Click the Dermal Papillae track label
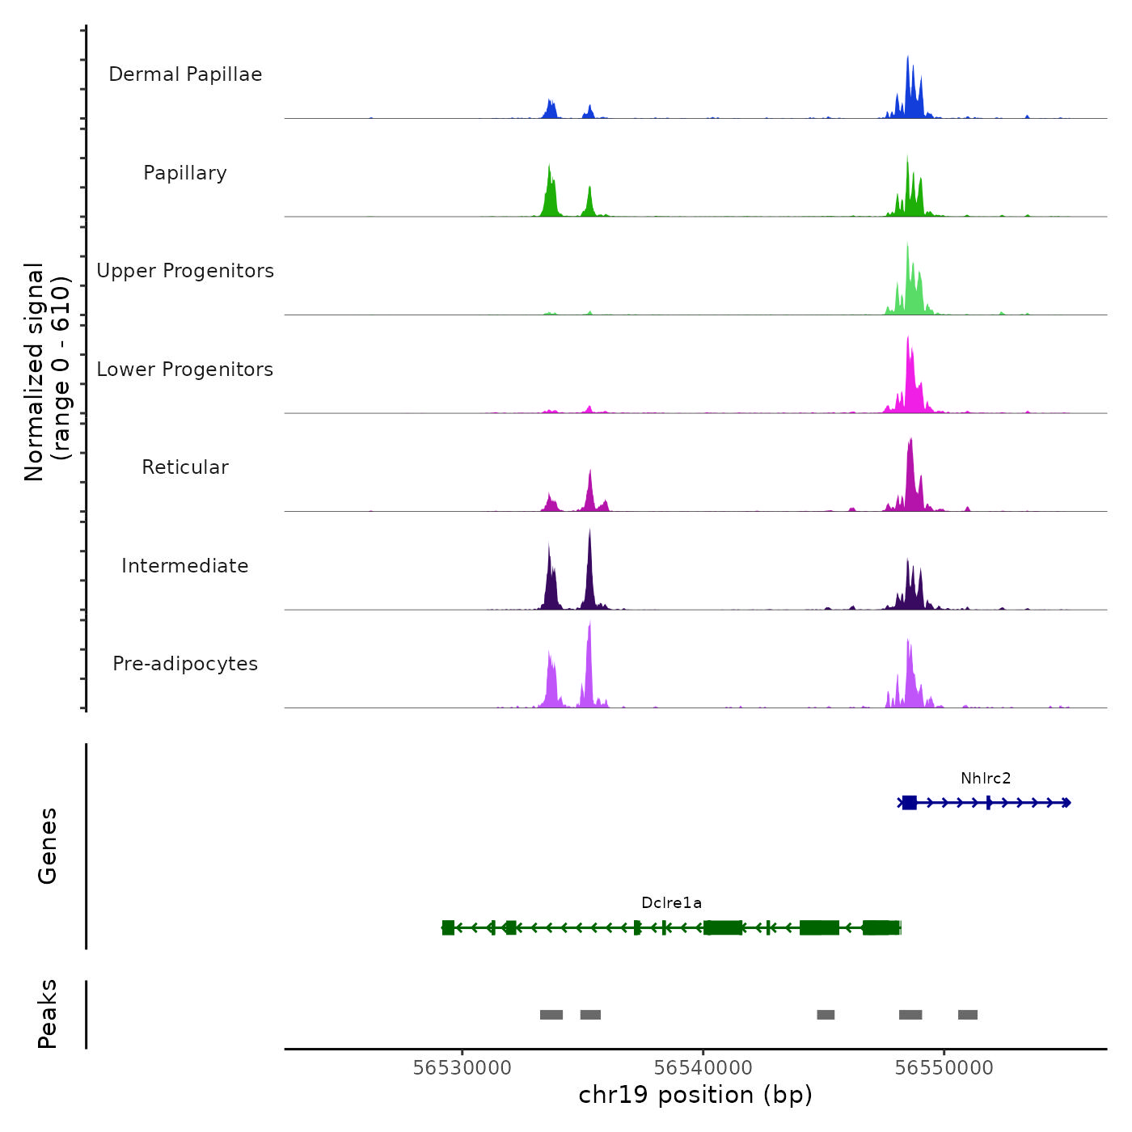click(185, 74)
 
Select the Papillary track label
click(185, 173)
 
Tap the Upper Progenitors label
click(185, 271)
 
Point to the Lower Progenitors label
click(185, 370)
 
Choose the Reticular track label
click(185, 467)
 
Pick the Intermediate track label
click(185, 566)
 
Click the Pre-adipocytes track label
click(185, 664)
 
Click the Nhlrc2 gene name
click(986, 779)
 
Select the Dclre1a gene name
click(671, 903)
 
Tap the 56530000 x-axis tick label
click(462, 1068)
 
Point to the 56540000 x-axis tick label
click(703, 1068)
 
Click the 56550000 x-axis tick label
click(944, 1068)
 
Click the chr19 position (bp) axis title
click(695, 1095)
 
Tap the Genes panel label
click(48, 846)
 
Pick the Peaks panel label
click(48, 1014)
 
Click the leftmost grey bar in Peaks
click(551, 1015)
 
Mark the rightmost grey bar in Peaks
click(968, 1015)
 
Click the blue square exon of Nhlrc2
click(910, 803)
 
